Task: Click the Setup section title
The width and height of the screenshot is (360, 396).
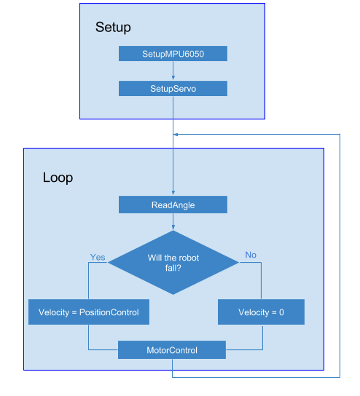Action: pos(113,28)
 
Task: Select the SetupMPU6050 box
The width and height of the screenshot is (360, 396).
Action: pos(173,54)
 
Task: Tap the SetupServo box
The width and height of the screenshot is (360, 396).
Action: pos(173,88)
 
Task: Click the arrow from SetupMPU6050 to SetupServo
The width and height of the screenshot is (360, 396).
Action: pos(173,71)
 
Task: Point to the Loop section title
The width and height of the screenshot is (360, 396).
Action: pos(58,178)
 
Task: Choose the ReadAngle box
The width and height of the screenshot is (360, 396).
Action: pos(173,205)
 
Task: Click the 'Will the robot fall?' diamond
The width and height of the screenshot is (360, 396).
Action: pos(173,263)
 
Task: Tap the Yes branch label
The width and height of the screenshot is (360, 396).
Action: pos(98,257)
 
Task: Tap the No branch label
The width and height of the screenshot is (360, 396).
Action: pos(251,255)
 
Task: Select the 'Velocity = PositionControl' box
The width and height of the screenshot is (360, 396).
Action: pos(88,312)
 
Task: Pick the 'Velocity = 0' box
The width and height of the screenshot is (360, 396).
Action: pos(261,312)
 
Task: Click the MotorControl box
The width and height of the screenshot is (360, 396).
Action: pos(173,350)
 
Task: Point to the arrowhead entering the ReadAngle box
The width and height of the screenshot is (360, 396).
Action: pos(173,194)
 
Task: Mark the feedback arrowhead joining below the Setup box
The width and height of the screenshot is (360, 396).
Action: pos(176,135)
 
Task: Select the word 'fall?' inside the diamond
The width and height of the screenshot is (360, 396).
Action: pos(173,269)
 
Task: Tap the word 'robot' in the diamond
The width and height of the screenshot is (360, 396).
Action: pos(187,258)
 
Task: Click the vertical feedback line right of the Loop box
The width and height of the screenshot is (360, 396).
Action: pos(340,255)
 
